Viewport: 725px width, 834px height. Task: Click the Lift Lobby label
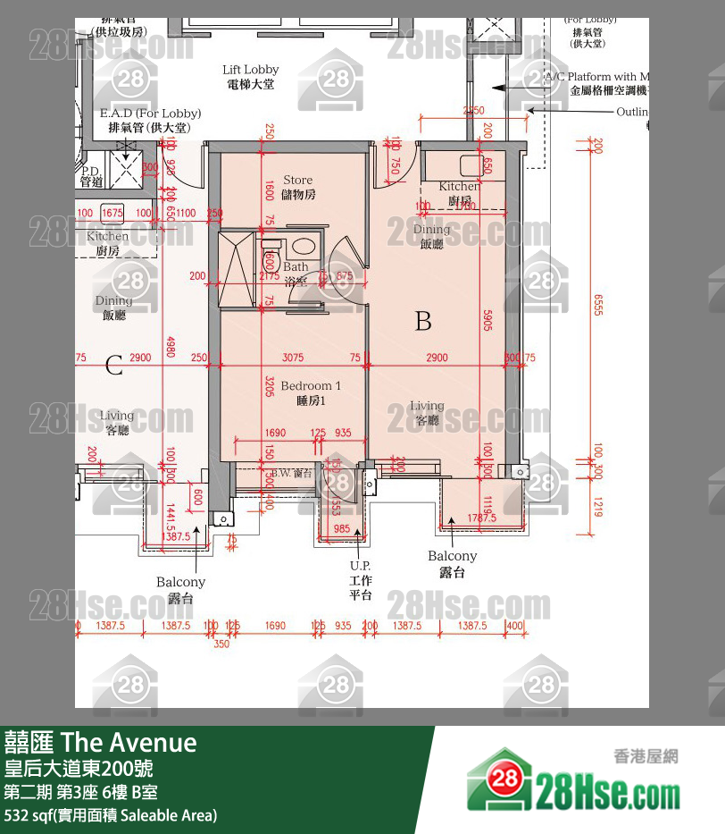[x=250, y=76]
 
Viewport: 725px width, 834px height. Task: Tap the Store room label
[x=298, y=187]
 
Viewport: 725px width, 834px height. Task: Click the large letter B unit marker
[x=423, y=321]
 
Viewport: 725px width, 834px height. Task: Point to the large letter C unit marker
[x=113, y=365]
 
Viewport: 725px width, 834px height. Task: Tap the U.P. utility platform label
[x=360, y=580]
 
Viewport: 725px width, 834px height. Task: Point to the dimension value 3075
[x=293, y=358]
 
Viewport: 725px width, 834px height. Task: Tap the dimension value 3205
[x=268, y=387]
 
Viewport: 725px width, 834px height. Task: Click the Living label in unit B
[x=427, y=413]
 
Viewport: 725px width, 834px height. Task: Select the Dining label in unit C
[x=113, y=307]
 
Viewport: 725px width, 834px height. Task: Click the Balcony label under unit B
[x=453, y=563]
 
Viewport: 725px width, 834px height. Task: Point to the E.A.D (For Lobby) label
[x=150, y=120]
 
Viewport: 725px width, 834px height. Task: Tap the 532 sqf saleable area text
[x=111, y=815]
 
